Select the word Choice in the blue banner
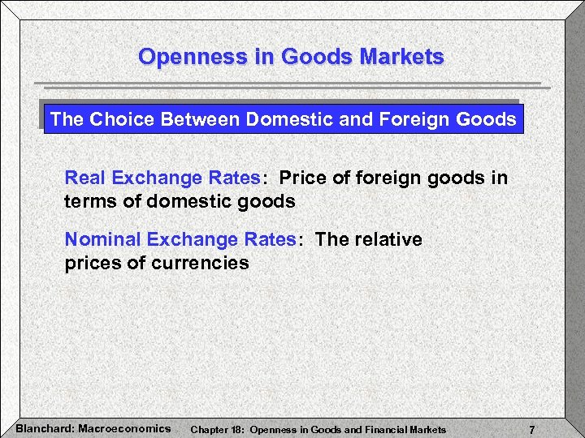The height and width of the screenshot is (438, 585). tap(123, 119)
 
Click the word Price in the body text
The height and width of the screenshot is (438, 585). tap(302, 178)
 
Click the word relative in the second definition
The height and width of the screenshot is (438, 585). tap(387, 239)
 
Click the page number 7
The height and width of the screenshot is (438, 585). tap(531, 428)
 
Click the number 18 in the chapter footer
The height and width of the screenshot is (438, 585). tap(236, 428)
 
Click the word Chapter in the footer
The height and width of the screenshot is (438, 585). tap(207, 428)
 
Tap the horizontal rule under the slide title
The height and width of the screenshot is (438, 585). tap(292, 84)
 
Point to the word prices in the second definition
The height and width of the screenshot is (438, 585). tap(89, 263)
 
